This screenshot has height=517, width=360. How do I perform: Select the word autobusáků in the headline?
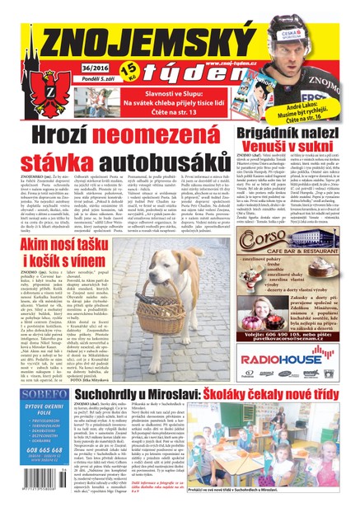coord(182,157)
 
